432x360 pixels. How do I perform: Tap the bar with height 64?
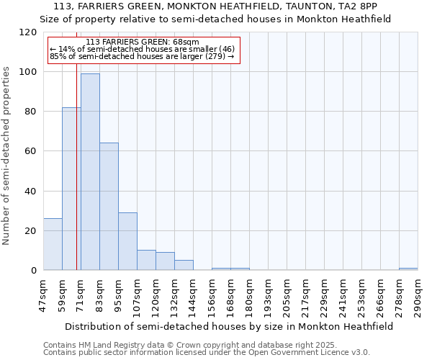pyautogui.click(x=109, y=207)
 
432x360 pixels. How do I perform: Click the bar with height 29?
pyautogui.click(x=127, y=241)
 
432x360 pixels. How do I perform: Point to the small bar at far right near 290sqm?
pyautogui.click(x=408, y=269)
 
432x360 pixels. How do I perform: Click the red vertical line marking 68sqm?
pyautogui.click(x=76, y=180)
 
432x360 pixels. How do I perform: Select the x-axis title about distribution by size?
pyautogui.click(x=228, y=326)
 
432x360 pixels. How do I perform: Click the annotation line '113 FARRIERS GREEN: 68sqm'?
pyautogui.click(x=142, y=42)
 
